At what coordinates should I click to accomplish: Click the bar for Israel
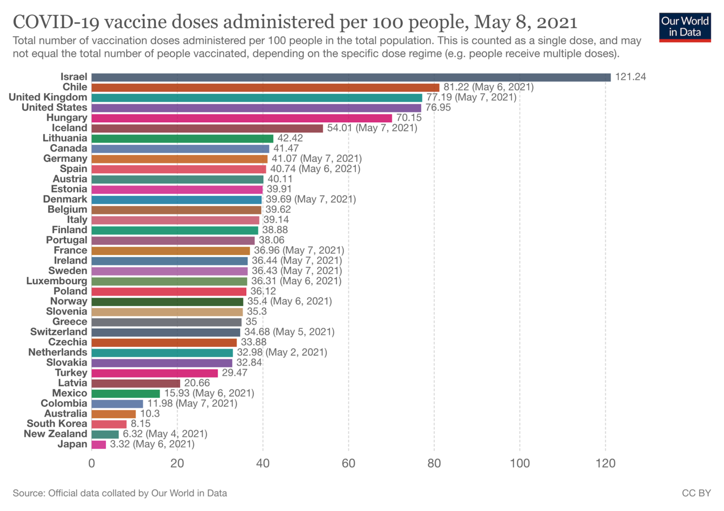pyautogui.click(x=351, y=77)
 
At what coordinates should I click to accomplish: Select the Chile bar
pyautogui.click(x=265, y=87)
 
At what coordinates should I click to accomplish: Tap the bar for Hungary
pyautogui.click(x=242, y=118)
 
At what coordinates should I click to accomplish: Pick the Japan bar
pyautogui.click(x=99, y=444)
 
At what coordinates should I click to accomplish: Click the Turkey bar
pyautogui.click(x=154, y=373)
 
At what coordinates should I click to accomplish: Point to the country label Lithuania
pyautogui.click(x=65, y=138)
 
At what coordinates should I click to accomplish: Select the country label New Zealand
pyautogui.click(x=55, y=434)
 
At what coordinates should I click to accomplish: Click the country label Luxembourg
pyautogui.click(x=57, y=281)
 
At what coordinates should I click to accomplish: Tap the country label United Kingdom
pyautogui.click(x=48, y=97)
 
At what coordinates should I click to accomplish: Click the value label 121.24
pyautogui.click(x=630, y=77)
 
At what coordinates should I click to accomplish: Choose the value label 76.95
pyautogui.click(x=438, y=108)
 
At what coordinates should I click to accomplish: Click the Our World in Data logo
pyautogui.click(x=685, y=25)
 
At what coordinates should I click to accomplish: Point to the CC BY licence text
pyautogui.click(x=696, y=493)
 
